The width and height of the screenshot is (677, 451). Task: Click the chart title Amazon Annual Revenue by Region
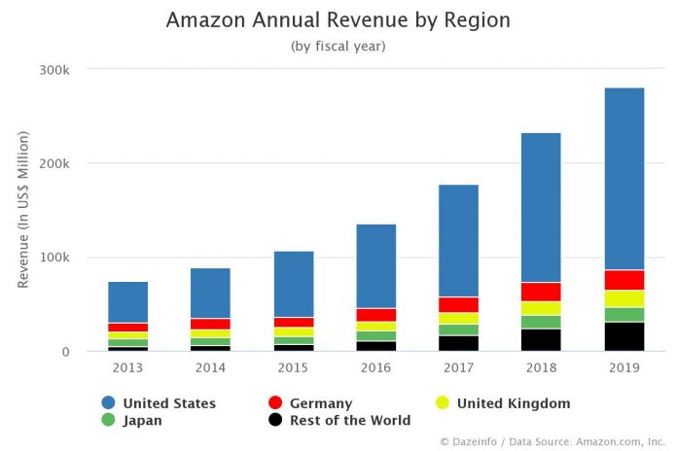coord(338,20)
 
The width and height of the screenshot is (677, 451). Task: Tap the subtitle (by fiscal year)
coord(338,46)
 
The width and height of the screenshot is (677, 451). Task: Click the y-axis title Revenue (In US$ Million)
coord(23,209)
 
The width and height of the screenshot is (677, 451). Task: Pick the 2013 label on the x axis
coord(127,368)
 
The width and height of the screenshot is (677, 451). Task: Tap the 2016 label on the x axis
coord(375,368)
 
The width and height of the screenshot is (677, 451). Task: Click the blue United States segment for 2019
coord(624,179)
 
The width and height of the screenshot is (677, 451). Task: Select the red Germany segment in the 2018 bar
coord(542,292)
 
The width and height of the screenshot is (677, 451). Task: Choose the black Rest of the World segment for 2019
coord(624,336)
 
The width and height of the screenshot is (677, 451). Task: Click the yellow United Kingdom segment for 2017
coord(458,318)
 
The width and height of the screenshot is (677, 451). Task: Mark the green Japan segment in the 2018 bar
coord(542,322)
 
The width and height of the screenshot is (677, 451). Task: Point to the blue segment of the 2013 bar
coord(127,302)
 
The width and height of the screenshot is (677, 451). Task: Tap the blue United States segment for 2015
coord(293,284)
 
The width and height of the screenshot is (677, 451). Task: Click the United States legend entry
coord(168,403)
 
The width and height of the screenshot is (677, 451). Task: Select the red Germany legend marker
coord(274,403)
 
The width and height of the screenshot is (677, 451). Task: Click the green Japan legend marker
coord(108,421)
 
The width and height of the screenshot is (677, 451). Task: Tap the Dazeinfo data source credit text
coord(552,442)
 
